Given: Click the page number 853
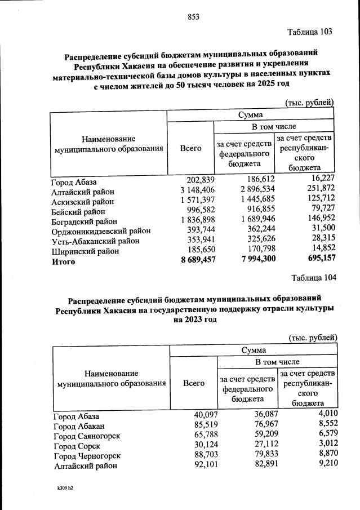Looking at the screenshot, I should tap(194, 17).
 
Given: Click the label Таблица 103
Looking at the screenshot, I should tap(309, 32).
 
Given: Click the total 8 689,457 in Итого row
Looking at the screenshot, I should tap(189, 262).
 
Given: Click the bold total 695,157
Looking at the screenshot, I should tap(317, 262).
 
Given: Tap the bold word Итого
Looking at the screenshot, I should tap(63, 262).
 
